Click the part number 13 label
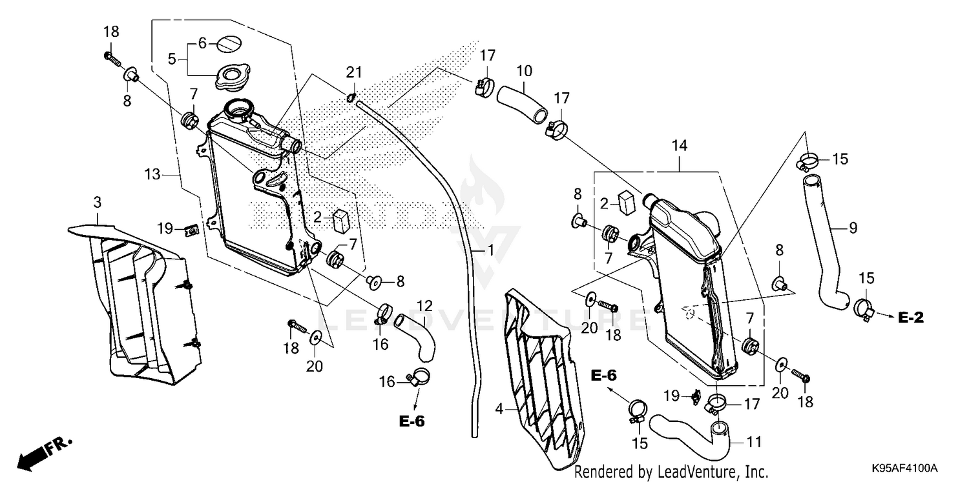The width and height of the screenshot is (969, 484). tap(152, 174)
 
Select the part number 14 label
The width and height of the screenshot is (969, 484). tap(680, 146)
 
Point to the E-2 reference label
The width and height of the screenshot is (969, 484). tap(912, 317)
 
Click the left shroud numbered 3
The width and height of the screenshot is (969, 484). tap(142, 303)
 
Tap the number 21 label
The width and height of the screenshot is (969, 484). tap(354, 70)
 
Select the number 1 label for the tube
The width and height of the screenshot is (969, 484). tap(490, 248)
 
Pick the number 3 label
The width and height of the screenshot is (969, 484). tap(97, 202)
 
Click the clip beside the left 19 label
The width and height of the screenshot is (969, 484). tap(191, 230)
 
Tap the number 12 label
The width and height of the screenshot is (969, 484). tap(424, 305)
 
